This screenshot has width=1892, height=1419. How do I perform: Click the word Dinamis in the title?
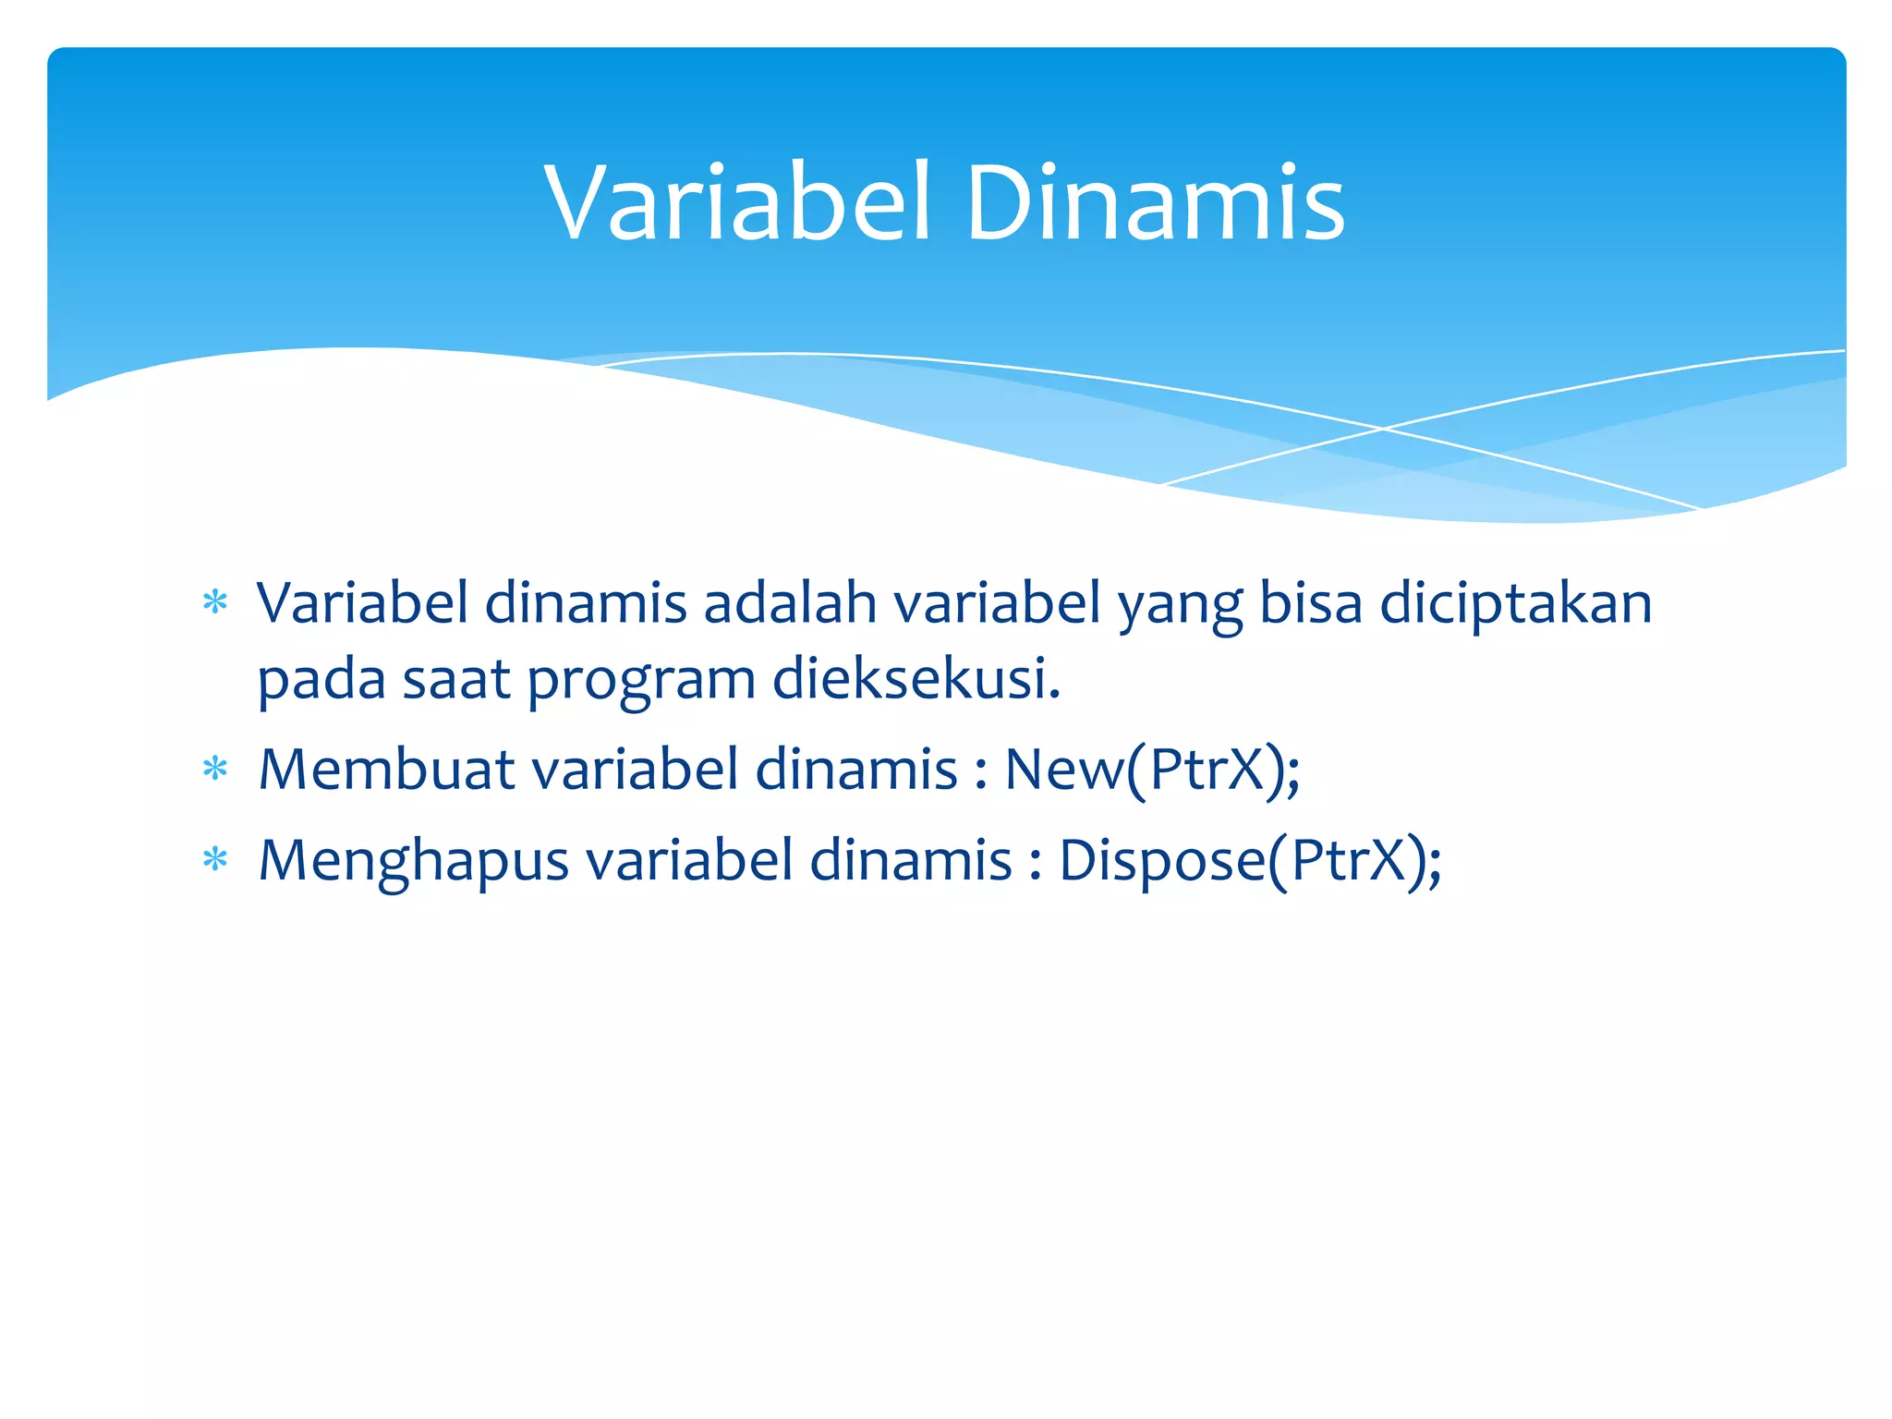1155,203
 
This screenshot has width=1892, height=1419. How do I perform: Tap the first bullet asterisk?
215,603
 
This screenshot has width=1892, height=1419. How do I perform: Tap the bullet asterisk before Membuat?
215,769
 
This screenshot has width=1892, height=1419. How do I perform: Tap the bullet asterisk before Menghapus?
215,860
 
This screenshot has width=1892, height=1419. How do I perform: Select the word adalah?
790,603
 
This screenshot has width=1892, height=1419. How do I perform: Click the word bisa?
1311,603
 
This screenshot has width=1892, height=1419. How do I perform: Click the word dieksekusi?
915,679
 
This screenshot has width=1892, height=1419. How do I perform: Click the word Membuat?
386,769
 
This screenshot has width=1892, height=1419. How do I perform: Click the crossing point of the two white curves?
1383,429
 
